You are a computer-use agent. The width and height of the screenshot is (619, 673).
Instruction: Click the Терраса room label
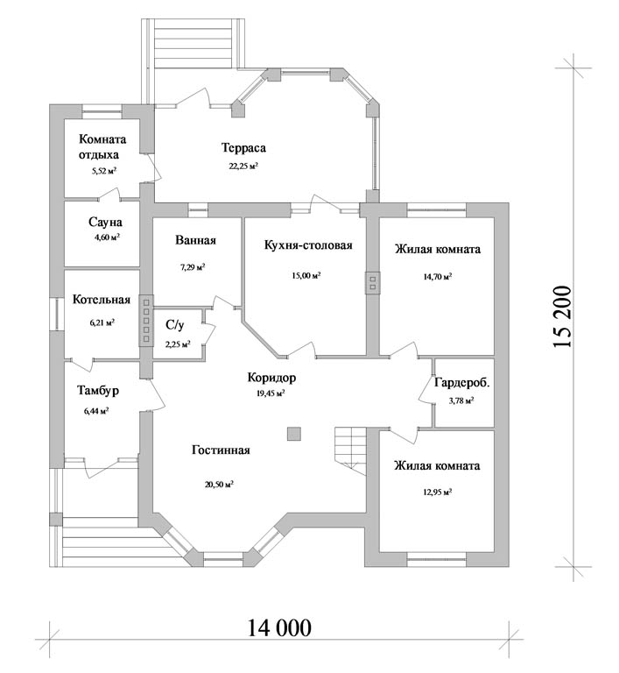point(243,147)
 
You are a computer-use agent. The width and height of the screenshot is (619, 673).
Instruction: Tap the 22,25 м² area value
point(243,166)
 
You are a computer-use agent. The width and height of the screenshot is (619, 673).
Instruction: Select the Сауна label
point(105,223)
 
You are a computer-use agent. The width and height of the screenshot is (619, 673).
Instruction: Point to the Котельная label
point(102,299)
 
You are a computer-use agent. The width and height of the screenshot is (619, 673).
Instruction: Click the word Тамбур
point(98,391)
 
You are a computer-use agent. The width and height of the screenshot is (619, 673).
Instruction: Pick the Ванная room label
point(195,240)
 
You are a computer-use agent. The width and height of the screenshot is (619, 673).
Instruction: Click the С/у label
point(175,325)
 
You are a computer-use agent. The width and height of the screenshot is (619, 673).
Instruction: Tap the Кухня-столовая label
point(308,245)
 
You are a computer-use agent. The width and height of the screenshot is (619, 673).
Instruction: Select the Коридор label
point(271,378)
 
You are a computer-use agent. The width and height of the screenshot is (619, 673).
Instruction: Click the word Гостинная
point(221,450)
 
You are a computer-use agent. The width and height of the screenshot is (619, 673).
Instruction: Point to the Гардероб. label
point(462,382)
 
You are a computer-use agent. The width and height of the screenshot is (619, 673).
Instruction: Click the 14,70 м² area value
point(438,277)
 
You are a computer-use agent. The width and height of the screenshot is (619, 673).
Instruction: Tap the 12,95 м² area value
point(438,492)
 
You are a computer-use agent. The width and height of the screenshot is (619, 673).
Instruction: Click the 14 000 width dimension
point(278,628)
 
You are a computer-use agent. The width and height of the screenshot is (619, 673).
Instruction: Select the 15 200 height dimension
point(562,316)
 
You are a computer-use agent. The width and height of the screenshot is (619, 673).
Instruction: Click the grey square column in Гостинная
point(294,434)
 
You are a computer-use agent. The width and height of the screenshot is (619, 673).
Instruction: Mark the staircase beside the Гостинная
point(350,450)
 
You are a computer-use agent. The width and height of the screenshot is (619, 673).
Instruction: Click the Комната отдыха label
point(102,147)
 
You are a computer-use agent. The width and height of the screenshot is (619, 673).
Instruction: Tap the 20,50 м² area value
point(219,485)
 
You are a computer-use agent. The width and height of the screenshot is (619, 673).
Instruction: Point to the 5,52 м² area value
point(104,171)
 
